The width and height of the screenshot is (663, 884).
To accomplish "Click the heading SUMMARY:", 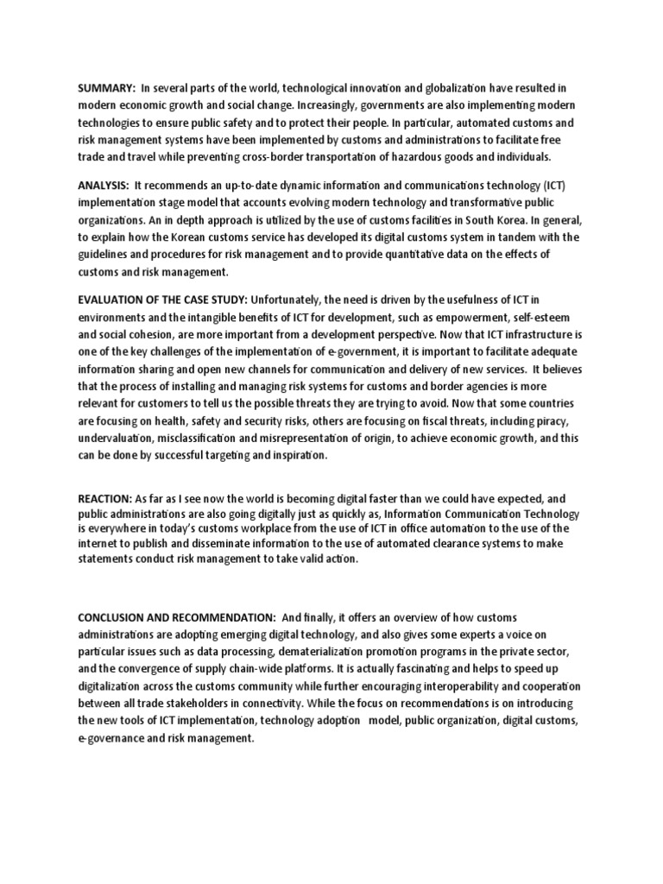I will click(x=106, y=89).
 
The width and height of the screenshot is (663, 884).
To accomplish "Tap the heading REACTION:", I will click(x=104, y=498).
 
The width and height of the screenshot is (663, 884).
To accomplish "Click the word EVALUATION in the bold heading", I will click(x=111, y=300).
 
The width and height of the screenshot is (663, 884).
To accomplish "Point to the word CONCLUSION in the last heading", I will click(x=114, y=617).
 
